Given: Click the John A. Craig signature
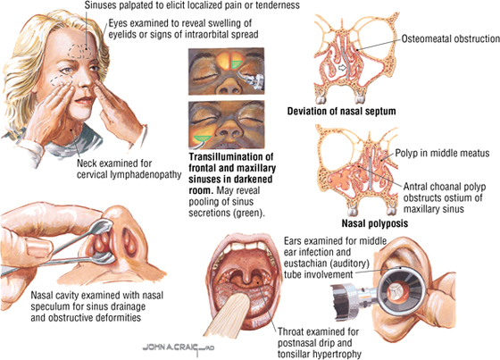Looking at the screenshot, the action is tap(179, 347).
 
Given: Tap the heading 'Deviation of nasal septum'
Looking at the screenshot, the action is tap(341, 111).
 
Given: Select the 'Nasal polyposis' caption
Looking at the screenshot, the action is tap(375, 223).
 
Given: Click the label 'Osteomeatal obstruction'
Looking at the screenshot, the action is tap(451, 39).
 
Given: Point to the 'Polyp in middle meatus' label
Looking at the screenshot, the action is tap(442, 153).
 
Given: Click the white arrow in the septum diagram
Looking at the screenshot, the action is tap(342, 68).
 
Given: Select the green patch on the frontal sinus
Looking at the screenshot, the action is tap(236, 64).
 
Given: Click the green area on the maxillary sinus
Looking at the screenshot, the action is tap(202, 138).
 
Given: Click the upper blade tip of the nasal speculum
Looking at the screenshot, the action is tap(106, 225).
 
